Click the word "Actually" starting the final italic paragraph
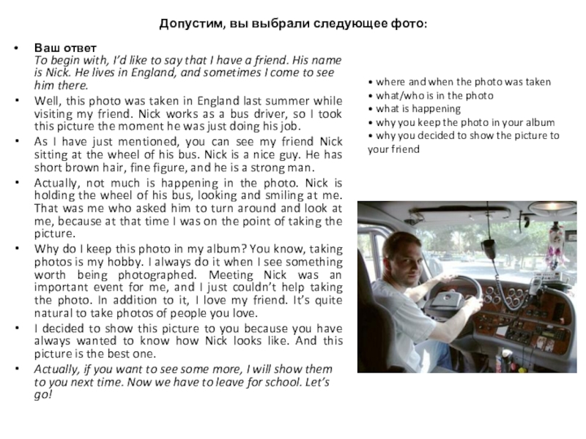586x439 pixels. [x=58, y=369]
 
